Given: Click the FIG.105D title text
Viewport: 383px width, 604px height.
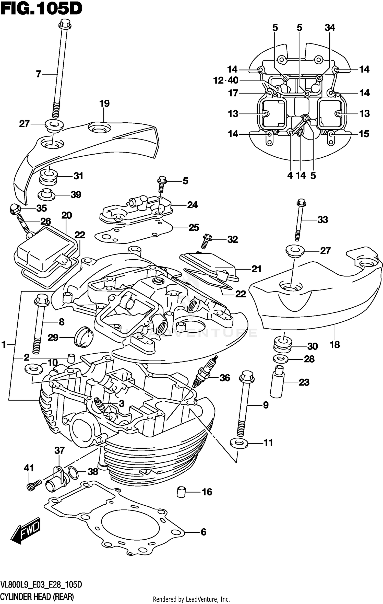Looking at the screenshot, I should click(41, 9).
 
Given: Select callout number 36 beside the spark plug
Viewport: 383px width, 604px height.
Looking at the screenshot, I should click(224, 378).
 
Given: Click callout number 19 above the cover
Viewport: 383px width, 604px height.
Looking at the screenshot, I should click(104, 103).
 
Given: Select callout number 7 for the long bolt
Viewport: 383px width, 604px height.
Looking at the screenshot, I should click(39, 74).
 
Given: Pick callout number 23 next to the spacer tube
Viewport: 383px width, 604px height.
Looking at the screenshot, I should click(304, 382).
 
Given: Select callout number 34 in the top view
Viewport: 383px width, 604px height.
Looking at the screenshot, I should click(330, 28).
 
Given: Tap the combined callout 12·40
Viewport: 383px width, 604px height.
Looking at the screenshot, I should click(226, 80).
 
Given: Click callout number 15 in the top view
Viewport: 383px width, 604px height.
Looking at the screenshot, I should click(364, 134).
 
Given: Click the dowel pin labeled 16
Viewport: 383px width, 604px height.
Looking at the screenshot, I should click(181, 492).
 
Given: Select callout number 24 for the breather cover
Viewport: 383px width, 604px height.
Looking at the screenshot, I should click(192, 205).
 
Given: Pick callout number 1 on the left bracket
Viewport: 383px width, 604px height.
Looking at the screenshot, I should click(4, 345).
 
